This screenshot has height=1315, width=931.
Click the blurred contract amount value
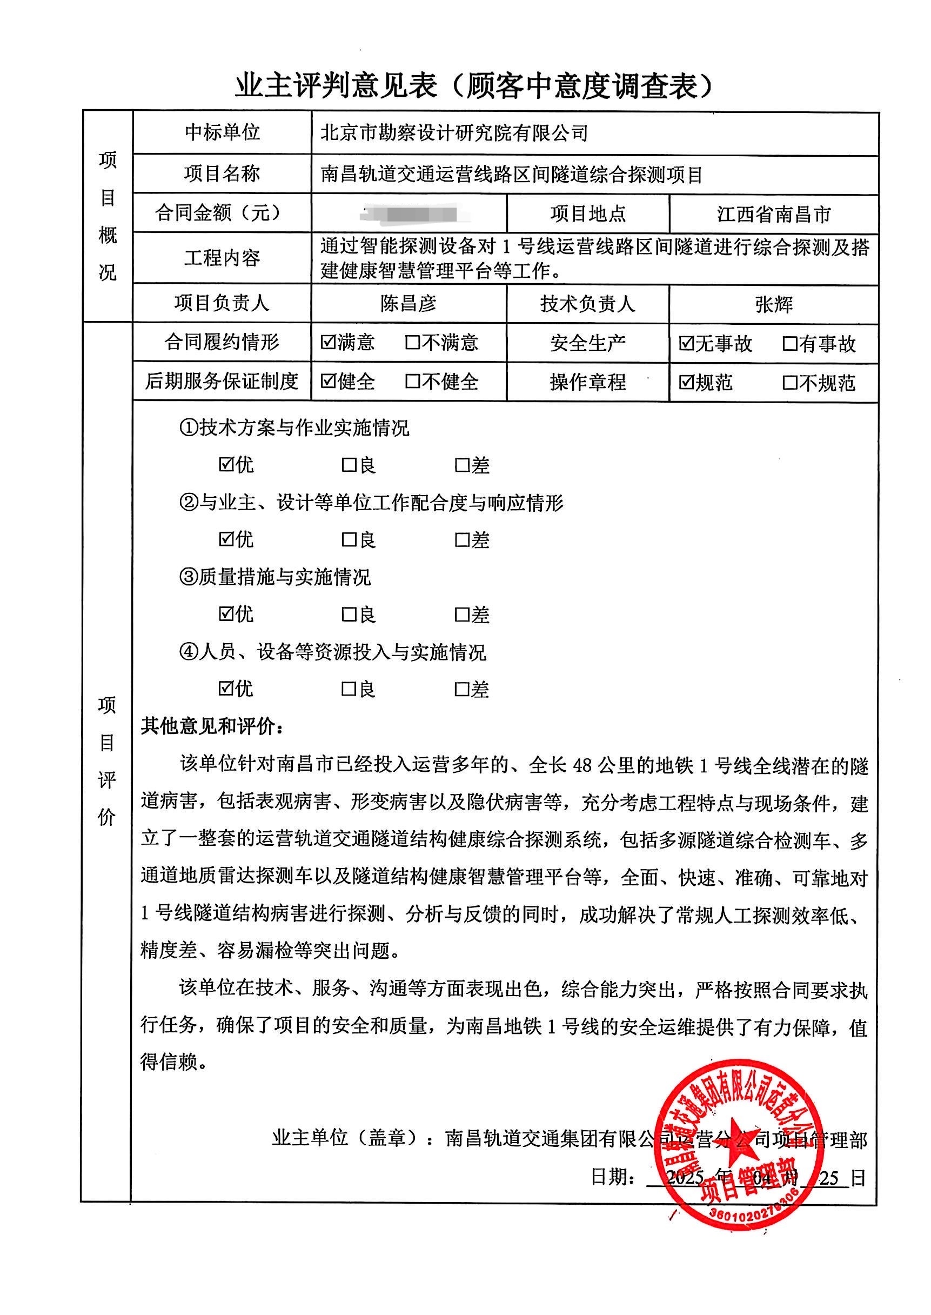pyautogui.click(x=410, y=214)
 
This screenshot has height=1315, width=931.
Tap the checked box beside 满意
pyautogui.click(x=328, y=342)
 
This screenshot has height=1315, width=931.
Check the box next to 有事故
pyautogui.click(x=789, y=344)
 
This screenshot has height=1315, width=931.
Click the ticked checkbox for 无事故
pyautogui.click(x=686, y=344)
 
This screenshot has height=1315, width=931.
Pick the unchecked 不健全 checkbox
pyautogui.click(x=412, y=382)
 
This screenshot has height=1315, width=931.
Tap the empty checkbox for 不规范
pyautogui.click(x=789, y=383)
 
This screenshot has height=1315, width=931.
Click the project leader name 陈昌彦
pyautogui.click(x=408, y=303)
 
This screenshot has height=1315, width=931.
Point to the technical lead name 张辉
pyautogui.click(x=773, y=304)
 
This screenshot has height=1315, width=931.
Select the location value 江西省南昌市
pyautogui.click(x=773, y=215)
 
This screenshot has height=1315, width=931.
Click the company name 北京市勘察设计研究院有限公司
pyautogui.click(x=454, y=133)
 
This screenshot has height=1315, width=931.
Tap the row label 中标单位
pyautogui.click(x=222, y=132)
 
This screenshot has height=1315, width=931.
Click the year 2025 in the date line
pyautogui.click(x=685, y=1178)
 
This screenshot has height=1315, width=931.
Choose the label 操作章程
pyautogui.click(x=587, y=382)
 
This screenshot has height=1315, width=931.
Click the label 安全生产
pyautogui.click(x=587, y=344)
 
